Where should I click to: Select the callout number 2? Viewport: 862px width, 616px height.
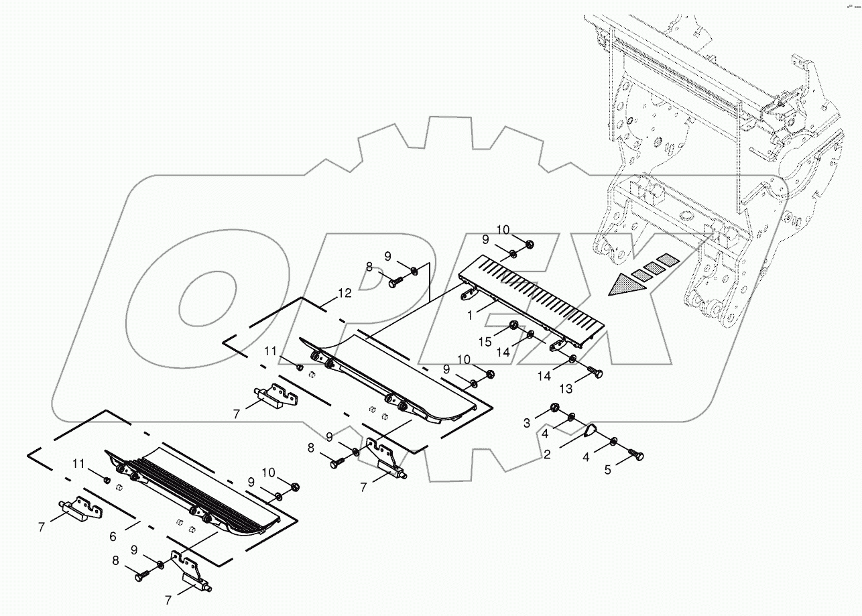548,454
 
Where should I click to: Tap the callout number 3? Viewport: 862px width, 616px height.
528,422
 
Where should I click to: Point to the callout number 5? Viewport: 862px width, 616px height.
608,470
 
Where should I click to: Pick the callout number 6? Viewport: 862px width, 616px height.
113,536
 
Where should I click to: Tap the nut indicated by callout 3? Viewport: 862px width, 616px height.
555,408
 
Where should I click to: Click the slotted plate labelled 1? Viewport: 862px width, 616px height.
536,295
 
